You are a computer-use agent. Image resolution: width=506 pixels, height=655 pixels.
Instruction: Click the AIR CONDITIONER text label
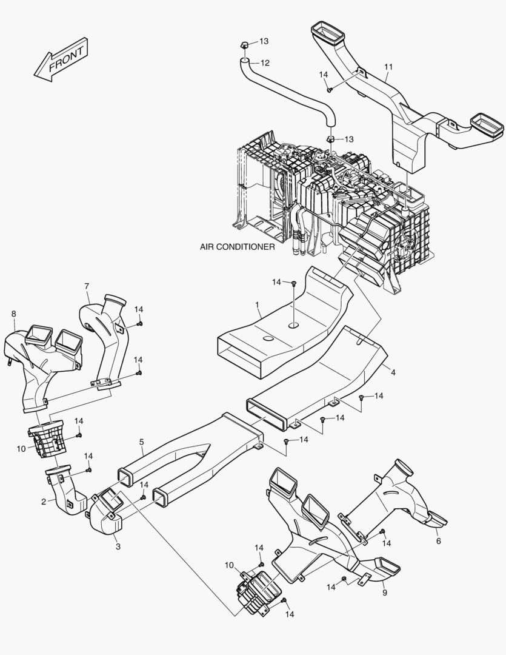click(x=238, y=247)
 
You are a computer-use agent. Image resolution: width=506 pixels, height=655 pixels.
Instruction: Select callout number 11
click(x=388, y=66)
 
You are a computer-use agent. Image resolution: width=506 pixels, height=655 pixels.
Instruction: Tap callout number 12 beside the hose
click(x=265, y=62)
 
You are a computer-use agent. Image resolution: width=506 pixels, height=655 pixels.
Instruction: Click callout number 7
click(x=87, y=286)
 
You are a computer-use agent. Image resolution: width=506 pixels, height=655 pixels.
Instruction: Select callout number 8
click(x=13, y=313)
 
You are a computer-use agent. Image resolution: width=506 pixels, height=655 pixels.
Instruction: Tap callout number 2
click(x=44, y=502)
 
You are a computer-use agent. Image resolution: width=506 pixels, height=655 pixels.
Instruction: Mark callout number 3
click(x=118, y=546)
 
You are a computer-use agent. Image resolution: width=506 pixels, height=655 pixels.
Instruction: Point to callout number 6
click(x=438, y=542)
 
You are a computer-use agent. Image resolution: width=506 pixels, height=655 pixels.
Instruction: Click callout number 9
click(x=384, y=593)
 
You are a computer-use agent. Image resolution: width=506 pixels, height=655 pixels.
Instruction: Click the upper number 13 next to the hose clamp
click(x=264, y=41)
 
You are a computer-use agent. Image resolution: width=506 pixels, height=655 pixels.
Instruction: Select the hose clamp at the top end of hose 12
click(x=244, y=44)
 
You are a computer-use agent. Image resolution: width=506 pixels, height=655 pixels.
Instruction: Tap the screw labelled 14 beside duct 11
click(x=330, y=89)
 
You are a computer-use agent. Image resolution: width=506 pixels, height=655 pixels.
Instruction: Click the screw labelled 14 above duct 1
click(x=293, y=283)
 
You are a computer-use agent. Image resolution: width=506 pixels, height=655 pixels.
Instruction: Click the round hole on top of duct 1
click(x=293, y=326)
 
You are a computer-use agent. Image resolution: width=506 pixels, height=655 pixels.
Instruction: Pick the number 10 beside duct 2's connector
click(x=21, y=449)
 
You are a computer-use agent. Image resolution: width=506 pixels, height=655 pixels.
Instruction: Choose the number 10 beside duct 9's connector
click(x=229, y=565)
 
